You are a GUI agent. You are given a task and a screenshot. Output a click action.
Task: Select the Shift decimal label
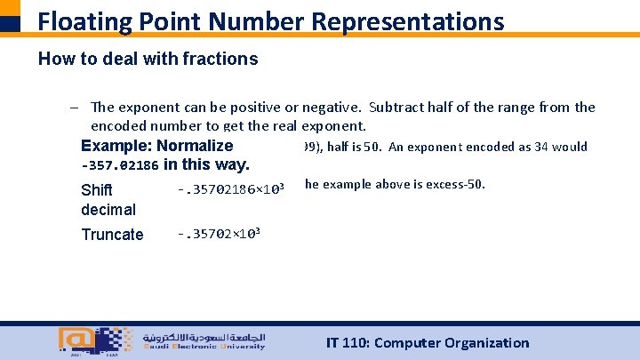[108, 200]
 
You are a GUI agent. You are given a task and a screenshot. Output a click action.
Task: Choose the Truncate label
[112, 235]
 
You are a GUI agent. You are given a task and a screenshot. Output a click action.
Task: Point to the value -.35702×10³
[219, 234]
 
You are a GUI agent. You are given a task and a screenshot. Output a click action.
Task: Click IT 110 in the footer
[350, 343]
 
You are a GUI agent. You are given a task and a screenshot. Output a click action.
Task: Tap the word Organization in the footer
[486, 343]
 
